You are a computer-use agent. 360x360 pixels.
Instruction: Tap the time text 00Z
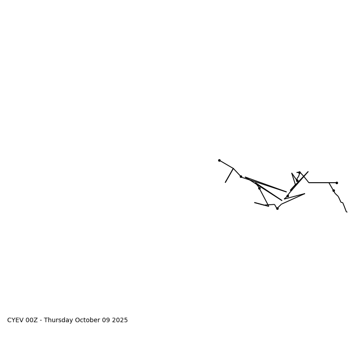click(x=31, y=320)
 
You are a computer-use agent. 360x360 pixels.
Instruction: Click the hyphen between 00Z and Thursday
click(x=41, y=320)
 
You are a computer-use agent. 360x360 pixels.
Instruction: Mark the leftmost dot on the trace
click(x=219, y=160)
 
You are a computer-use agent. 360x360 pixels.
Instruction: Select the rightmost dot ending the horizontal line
click(x=337, y=183)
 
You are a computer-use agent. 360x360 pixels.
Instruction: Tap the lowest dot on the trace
click(x=277, y=208)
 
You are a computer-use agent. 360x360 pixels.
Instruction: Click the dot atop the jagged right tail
click(x=333, y=190)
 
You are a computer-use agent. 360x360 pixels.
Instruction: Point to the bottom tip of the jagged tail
click(x=347, y=212)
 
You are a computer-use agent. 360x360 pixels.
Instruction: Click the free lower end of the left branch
click(x=225, y=182)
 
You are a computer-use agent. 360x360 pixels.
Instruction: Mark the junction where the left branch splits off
click(x=233, y=168)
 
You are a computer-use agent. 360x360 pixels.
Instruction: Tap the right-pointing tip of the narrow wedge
click(x=286, y=192)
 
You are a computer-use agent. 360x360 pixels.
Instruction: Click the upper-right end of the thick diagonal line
click(x=308, y=171)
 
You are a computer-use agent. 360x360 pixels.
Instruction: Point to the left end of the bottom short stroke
click(x=255, y=202)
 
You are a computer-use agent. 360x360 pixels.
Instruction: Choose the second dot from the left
click(x=241, y=176)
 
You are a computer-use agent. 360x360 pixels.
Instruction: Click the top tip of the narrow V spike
click(x=292, y=173)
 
